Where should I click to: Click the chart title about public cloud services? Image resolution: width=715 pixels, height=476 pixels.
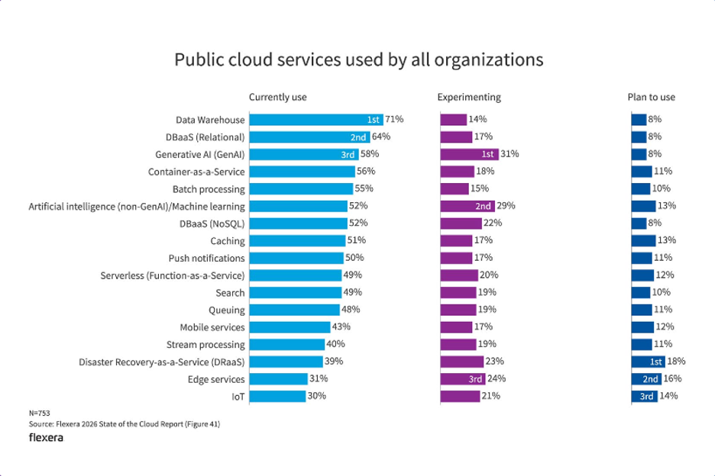click(358, 59)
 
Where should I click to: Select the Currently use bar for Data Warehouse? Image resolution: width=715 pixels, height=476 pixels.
click(316, 120)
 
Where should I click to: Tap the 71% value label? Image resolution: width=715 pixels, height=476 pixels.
click(394, 120)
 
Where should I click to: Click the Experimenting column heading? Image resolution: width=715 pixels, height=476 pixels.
click(469, 97)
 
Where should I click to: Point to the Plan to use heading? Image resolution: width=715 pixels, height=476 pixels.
click(651, 97)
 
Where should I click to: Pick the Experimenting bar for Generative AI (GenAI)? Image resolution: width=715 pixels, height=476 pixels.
click(469, 154)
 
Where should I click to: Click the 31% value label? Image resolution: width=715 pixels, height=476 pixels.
click(510, 154)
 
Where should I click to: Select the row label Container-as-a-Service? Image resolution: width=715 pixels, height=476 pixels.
click(196, 172)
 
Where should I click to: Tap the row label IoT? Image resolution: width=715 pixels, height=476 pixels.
click(238, 397)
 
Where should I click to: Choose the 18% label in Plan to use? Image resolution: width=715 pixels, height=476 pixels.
click(676, 362)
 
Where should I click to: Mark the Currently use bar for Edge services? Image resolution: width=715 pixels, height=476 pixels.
click(278, 379)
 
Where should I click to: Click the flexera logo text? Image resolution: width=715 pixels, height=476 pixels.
click(46, 438)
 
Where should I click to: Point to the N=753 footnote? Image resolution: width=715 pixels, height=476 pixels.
click(40, 413)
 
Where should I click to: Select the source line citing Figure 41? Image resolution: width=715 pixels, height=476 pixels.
click(125, 424)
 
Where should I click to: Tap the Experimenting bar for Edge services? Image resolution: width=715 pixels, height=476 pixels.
click(463, 379)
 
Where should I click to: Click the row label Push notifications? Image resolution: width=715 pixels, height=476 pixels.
click(206, 259)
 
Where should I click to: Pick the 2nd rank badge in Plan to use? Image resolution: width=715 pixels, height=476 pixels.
click(650, 379)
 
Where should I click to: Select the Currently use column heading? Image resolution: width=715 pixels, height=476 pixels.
click(278, 97)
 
